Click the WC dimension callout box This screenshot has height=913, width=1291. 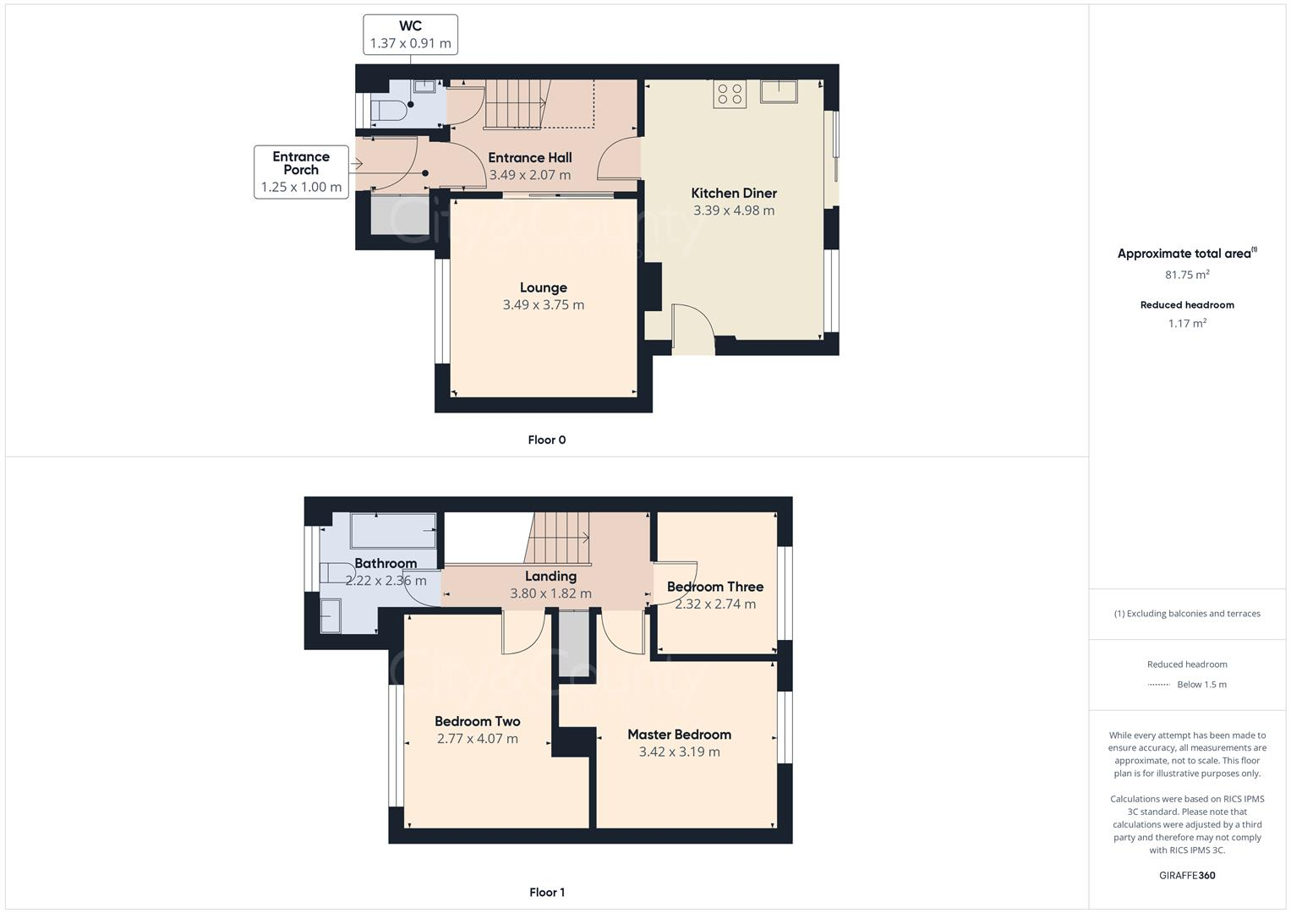click(410, 35)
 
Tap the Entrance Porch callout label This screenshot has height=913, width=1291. click(301, 163)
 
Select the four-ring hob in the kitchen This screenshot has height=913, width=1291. click(730, 94)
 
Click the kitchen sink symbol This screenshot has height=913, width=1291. click(779, 91)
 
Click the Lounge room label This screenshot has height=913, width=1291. click(544, 287)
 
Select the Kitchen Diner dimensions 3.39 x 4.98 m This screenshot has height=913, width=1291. click(734, 210)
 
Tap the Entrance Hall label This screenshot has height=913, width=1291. click(530, 157)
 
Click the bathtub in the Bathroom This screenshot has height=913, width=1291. click(394, 530)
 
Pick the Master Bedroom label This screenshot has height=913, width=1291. click(680, 735)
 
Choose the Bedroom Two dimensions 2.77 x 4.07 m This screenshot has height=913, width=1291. click(477, 738)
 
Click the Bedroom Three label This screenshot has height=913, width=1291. click(715, 587)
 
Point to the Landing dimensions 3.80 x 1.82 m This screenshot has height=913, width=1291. click(550, 593)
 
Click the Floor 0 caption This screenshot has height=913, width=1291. click(547, 440)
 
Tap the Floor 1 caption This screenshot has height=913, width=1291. click(547, 892)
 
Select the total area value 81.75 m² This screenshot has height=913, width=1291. click(1187, 275)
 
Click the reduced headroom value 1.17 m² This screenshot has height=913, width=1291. click(1187, 323)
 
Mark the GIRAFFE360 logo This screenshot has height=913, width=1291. click(1187, 875)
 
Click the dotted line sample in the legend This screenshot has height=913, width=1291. click(1159, 685)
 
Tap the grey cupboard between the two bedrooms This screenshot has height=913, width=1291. click(574, 644)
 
